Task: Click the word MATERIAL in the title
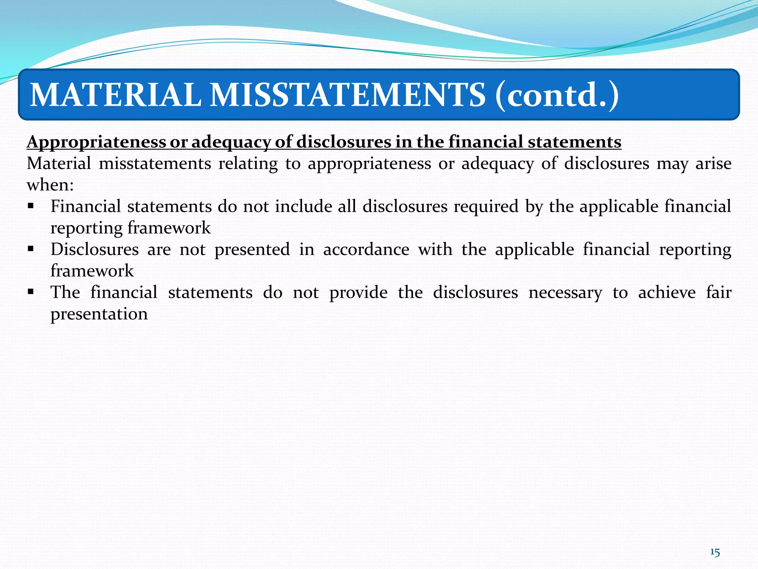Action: tap(115, 95)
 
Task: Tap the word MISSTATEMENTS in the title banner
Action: tap(348, 95)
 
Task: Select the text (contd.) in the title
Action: tap(557, 96)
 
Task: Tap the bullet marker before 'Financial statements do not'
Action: tap(31, 206)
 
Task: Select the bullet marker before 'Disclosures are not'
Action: tap(31, 249)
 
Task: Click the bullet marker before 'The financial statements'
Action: tap(31, 292)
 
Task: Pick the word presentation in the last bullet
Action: tap(99, 314)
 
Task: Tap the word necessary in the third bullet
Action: tap(565, 293)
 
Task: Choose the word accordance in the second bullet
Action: tap(366, 249)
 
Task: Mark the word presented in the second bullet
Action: tap(252, 250)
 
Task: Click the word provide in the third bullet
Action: tap(358, 293)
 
